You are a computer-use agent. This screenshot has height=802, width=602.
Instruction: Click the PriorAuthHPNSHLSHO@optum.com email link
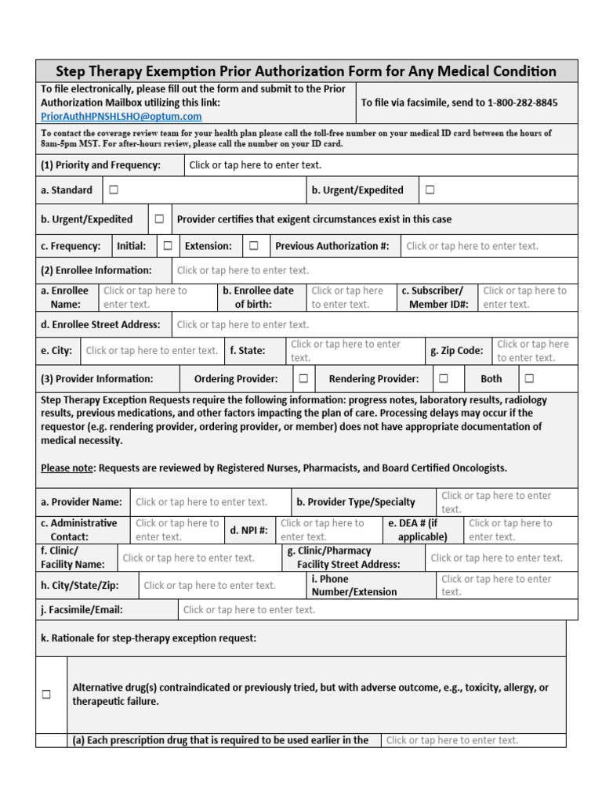[x=121, y=116]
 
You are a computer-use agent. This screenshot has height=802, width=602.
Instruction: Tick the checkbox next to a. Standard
[x=114, y=190]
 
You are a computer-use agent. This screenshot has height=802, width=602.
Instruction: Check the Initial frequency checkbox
[x=168, y=245]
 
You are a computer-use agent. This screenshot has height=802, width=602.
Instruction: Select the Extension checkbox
[x=254, y=245]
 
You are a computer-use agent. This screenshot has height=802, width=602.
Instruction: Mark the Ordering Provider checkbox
[x=303, y=378]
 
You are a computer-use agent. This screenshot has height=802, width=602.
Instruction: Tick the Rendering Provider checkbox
[x=444, y=378]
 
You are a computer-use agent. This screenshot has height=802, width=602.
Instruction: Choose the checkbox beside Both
[x=530, y=378]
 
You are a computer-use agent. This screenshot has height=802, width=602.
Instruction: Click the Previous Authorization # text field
[x=472, y=246]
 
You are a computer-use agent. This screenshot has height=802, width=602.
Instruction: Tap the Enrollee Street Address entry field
[x=243, y=324]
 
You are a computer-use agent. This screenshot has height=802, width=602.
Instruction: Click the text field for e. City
[x=151, y=351]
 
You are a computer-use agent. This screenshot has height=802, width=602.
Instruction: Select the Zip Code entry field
[x=533, y=351]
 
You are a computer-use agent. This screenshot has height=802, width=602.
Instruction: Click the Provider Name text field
[x=201, y=502]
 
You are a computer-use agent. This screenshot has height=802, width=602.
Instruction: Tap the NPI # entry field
[x=322, y=530]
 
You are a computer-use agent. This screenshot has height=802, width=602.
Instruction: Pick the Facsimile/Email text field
[x=249, y=609]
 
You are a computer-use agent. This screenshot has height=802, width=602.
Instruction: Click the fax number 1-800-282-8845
[x=522, y=103]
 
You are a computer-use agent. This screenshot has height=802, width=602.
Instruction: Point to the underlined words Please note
[x=67, y=468]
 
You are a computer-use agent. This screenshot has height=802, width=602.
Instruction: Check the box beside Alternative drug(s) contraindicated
[x=46, y=694]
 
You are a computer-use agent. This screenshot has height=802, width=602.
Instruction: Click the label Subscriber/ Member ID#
[x=437, y=298]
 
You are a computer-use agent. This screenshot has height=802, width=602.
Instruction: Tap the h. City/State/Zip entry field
[x=210, y=585]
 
